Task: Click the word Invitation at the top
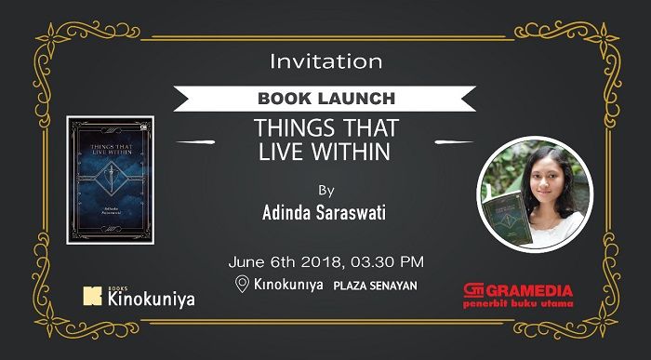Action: pyautogui.click(x=325, y=62)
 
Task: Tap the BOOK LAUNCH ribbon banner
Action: pyautogui.click(x=325, y=98)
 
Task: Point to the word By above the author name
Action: pyautogui.click(x=325, y=191)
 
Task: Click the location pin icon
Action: pyautogui.click(x=243, y=284)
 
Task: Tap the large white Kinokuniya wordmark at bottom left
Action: pyautogui.click(x=152, y=300)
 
